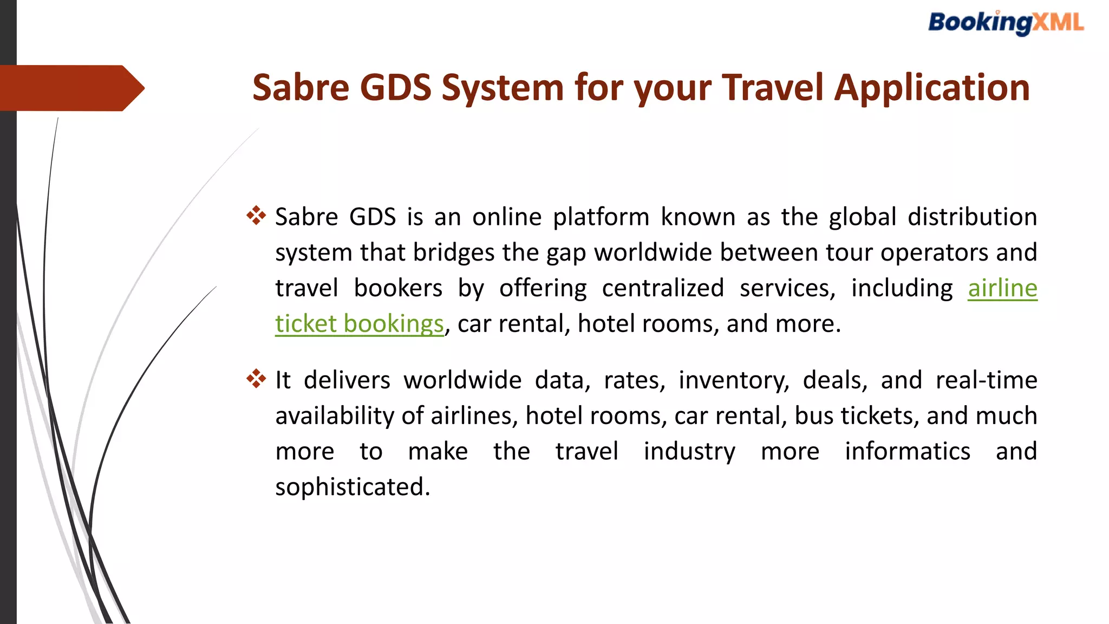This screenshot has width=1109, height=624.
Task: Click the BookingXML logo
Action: click(x=1006, y=23)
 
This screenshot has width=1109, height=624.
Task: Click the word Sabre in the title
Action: click(x=301, y=88)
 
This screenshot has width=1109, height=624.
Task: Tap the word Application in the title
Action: click(x=931, y=88)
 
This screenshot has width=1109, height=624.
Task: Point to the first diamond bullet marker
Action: click(x=256, y=216)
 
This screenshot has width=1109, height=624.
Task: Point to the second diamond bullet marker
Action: click(x=256, y=379)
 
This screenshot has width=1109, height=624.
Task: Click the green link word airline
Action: click(x=1002, y=288)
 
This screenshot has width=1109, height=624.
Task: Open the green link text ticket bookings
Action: click(x=359, y=324)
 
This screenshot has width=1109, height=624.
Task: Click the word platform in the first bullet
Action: click(x=601, y=217)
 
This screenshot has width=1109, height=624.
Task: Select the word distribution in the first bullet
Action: click(x=972, y=217)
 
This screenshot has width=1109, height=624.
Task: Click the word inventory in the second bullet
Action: click(x=734, y=380)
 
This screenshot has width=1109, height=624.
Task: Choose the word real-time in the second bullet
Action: click(x=986, y=380)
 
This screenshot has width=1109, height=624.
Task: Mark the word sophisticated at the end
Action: click(x=353, y=487)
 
